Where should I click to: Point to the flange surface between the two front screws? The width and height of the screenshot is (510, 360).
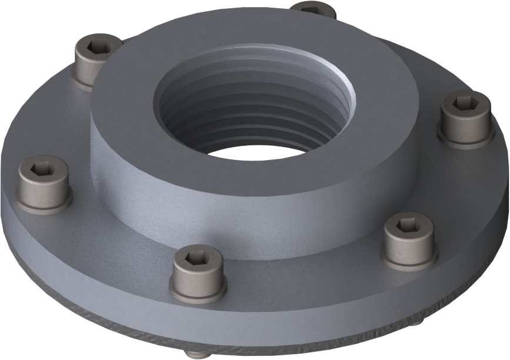tap(294, 276)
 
